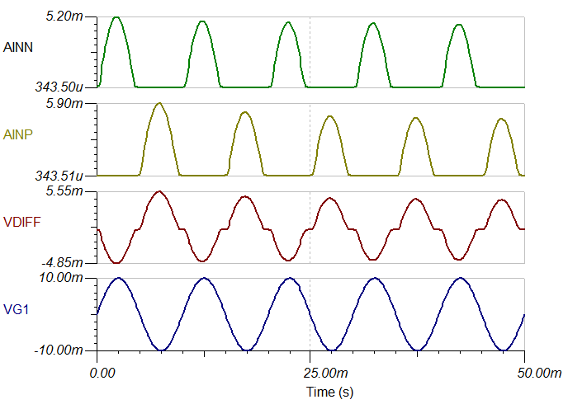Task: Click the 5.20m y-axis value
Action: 66,16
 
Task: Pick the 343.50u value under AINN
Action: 57,87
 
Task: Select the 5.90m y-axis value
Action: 66,104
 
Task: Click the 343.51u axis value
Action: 57,175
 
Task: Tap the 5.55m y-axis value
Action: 66,191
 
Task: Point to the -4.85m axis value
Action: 64,262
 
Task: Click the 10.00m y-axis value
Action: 63,279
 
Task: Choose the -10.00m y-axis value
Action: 61,350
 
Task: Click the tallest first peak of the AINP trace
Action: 159,103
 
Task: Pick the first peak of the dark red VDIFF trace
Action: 159,191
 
